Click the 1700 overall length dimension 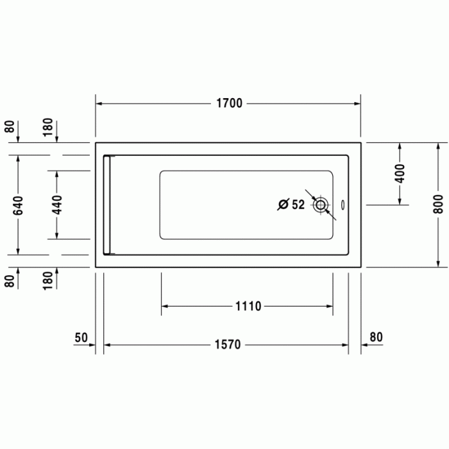tap(228, 103)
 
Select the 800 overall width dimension tap(437, 204)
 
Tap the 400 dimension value tap(400, 173)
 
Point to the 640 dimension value tap(17, 205)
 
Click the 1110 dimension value tap(247, 306)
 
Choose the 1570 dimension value tap(227, 345)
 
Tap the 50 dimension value tap(81, 337)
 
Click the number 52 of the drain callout tap(298, 205)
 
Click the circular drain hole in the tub tap(321, 205)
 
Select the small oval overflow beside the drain tap(344, 205)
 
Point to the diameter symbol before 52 tap(282, 205)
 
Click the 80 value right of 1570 tap(376, 337)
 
